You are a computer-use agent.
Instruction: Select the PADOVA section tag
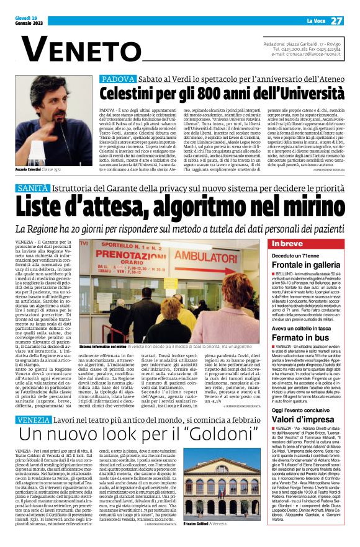click(x=116, y=79)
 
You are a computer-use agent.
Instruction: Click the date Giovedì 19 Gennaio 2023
click(x=27, y=21)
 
